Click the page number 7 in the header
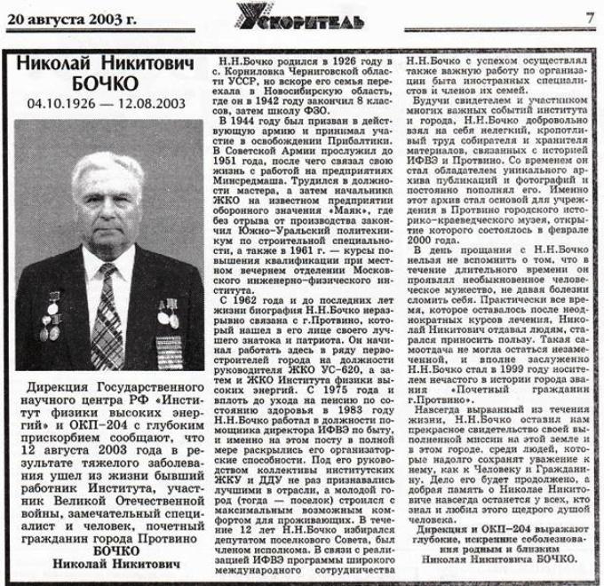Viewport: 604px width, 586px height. click(589, 16)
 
